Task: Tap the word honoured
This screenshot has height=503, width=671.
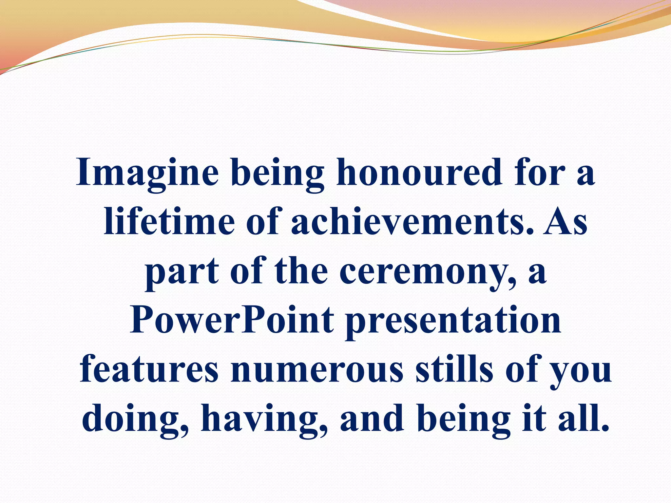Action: (419, 172)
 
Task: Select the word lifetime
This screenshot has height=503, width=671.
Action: (169, 221)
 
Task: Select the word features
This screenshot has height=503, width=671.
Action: (149, 369)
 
